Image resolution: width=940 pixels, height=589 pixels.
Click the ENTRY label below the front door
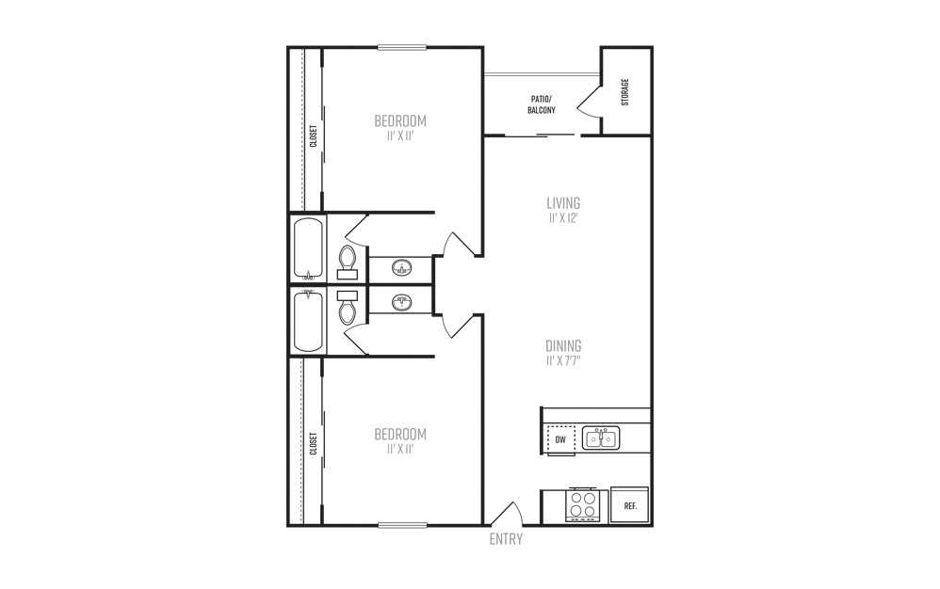tap(506, 539)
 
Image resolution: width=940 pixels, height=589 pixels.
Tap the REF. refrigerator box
tap(629, 506)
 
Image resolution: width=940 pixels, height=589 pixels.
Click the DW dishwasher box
tap(560, 440)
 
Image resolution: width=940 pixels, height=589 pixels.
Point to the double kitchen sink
tap(601, 438)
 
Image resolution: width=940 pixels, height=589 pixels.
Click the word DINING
tap(563, 346)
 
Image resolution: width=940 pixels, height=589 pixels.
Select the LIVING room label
tap(563, 203)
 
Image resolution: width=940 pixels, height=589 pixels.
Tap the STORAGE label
tap(625, 92)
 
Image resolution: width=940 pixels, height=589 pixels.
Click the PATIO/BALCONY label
tap(542, 104)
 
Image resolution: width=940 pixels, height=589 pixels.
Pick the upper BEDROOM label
tap(400, 121)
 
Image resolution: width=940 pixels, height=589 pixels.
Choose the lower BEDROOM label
tap(400, 434)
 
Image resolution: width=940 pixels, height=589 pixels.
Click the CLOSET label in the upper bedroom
tap(313, 135)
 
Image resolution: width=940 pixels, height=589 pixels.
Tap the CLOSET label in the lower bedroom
tap(313, 443)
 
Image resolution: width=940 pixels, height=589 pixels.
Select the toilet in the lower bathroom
tap(348, 308)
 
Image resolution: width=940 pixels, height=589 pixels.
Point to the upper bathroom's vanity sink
tap(401, 267)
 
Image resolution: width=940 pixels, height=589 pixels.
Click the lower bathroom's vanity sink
tap(401, 302)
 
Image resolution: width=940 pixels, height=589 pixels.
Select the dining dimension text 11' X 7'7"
tap(563, 361)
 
